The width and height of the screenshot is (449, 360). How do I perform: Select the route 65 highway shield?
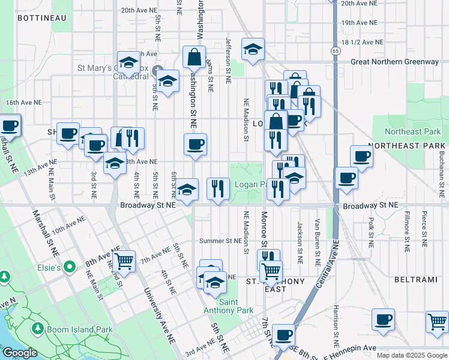click(x=335, y=52)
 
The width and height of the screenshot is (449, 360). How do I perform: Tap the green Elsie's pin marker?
click(x=70, y=267)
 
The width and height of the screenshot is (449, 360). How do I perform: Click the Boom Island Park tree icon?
click(x=38, y=329)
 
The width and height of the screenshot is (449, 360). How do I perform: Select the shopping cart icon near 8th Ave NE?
click(x=124, y=261)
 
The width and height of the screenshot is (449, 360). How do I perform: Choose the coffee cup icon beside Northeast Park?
click(x=362, y=156)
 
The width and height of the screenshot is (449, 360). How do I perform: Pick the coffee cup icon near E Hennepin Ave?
click(x=283, y=335)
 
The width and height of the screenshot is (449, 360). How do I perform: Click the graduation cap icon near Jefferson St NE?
click(x=253, y=49)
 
